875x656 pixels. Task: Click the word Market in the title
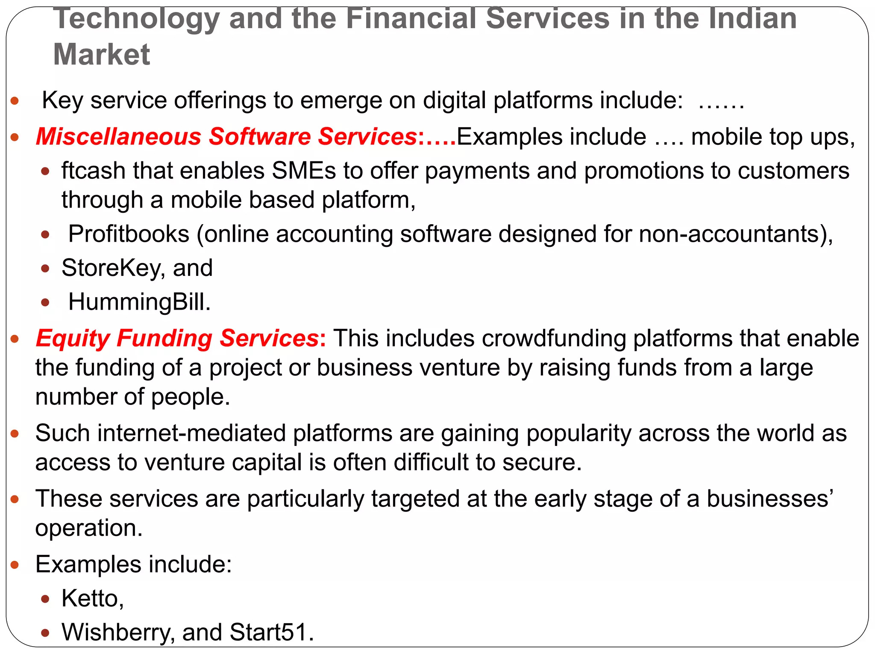pyautogui.click(x=101, y=55)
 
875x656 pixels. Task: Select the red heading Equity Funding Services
pyautogui.click(x=177, y=338)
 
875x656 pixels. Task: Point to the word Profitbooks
pyautogui.click(x=129, y=234)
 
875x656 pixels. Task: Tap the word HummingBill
pyautogui.click(x=139, y=302)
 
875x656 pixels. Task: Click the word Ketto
pyautogui.click(x=92, y=598)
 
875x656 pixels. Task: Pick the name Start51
pyautogui.click(x=270, y=632)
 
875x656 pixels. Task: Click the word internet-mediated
pyautogui.click(x=160, y=433)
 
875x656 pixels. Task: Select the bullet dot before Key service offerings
pyautogui.click(x=15, y=101)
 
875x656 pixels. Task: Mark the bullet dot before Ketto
pyautogui.click(x=45, y=599)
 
